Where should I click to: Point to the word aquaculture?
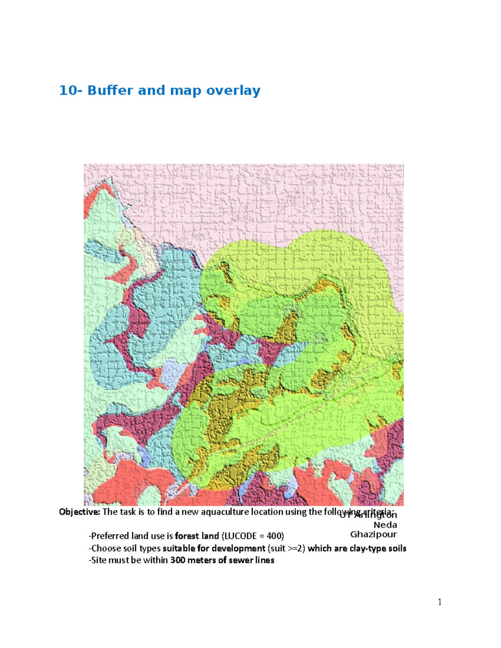tap(224, 512)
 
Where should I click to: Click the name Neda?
tap(385, 525)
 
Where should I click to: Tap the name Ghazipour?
tap(374, 535)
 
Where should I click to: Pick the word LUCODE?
tap(240, 536)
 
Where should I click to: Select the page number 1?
tap(440, 602)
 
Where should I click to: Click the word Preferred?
tap(109, 536)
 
